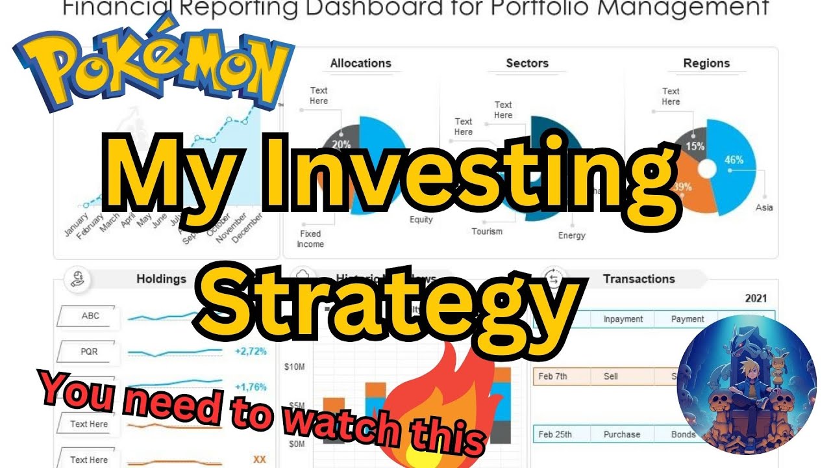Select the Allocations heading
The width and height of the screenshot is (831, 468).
tap(360, 63)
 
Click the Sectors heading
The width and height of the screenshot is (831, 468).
tap(527, 63)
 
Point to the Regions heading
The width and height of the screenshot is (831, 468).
tap(706, 63)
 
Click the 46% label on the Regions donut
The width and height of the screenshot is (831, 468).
tap(734, 159)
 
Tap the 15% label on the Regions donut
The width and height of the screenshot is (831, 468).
tap(695, 146)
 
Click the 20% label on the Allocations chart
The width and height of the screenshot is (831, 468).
tap(341, 144)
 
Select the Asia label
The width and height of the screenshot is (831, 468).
tap(764, 208)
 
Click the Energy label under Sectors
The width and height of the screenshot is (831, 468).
tap(571, 235)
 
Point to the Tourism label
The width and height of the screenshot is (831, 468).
tap(487, 231)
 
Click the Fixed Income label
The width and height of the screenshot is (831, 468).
tap(310, 239)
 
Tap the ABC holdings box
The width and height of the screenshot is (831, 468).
tap(90, 317)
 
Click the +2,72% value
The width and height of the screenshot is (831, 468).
tap(250, 352)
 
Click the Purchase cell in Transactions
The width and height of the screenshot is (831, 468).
tap(621, 434)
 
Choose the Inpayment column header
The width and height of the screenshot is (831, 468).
tap(623, 319)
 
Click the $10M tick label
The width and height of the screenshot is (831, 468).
tap(294, 367)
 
